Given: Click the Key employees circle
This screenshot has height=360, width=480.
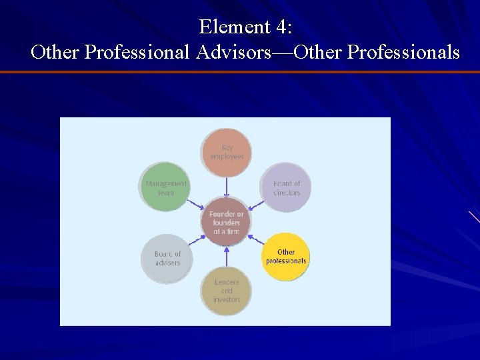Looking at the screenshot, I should pos(227,151).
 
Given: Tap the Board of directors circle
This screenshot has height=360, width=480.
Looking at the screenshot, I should pos(287,188).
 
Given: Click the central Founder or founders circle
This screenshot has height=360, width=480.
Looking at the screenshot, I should pos(226,223).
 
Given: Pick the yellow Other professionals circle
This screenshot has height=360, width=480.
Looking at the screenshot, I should pos(286,257).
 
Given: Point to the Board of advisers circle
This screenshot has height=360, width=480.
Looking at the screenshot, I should pos(167,258).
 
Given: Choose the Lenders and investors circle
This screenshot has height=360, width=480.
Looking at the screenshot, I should pos(227,291).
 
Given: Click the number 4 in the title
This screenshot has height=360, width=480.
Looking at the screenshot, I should pos(279,28).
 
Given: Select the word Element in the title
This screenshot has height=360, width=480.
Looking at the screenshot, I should pos(231,28).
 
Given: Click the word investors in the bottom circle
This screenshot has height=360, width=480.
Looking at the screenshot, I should pos(227,299).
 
